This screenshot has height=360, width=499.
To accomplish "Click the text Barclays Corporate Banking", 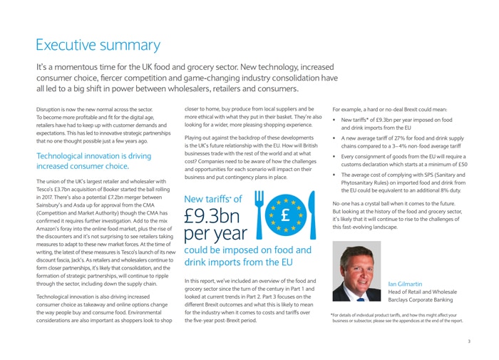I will click(x=426, y=301).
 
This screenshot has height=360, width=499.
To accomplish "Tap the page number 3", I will click(x=469, y=341).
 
